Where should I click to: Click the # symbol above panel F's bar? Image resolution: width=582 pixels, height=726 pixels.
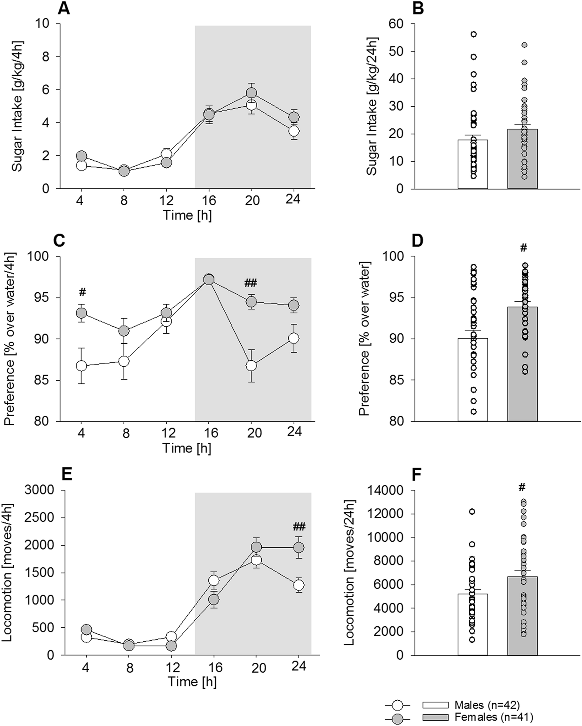[522, 487]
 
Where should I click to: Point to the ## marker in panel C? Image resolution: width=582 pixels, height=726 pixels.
[251, 282]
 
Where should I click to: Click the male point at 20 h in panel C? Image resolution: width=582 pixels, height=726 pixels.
[251, 365]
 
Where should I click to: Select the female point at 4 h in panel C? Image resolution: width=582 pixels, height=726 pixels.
[82, 313]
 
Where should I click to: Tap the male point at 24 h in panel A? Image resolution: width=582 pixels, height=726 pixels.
[294, 131]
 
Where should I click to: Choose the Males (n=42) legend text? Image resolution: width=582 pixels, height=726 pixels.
[487, 705]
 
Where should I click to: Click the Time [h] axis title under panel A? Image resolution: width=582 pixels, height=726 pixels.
[187, 215]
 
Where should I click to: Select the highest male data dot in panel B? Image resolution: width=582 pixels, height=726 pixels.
[473, 34]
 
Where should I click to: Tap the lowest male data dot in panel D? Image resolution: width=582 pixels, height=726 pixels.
[473, 411]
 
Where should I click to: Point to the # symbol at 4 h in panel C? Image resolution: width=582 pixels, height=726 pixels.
[83, 292]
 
